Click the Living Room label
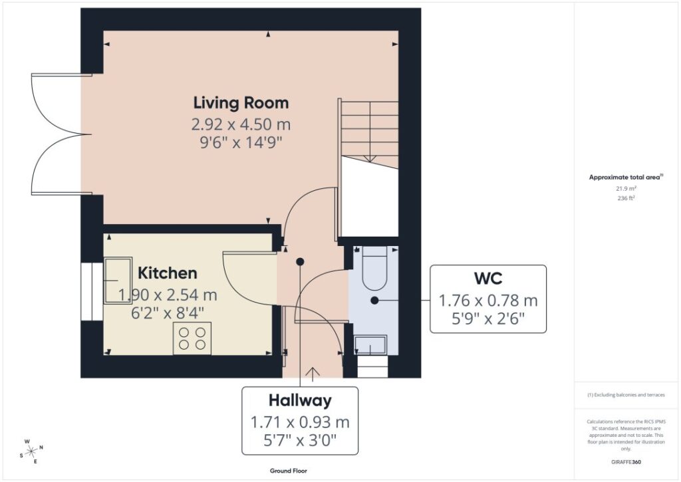[x=241, y=103]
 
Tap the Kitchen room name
[x=168, y=273]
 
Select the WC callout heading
[x=488, y=279]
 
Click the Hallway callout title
[x=300, y=400]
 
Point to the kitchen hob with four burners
[x=192, y=338]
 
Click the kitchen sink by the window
[x=118, y=281]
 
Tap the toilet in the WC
[x=374, y=269]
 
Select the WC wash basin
[x=370, y=345]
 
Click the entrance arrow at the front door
[x=313, y=374]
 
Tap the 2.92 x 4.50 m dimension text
[x=241, y=124]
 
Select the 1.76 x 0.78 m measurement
[x=488, y=301]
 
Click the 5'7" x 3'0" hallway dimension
[x=300, y=441]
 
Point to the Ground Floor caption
[x=289, y=471]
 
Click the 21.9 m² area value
[x=626, y=189]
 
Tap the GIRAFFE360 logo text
[x=626, y=462]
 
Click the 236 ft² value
[x=626, y=198]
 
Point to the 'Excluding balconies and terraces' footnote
[x=626, y=395]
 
